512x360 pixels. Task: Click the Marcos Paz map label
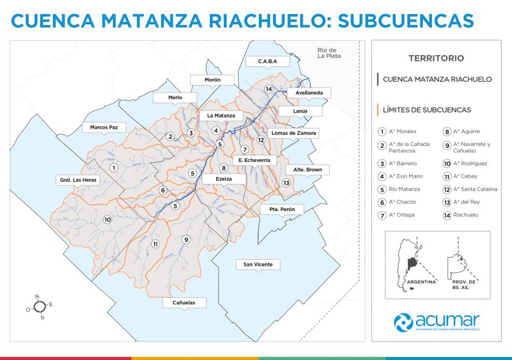(x=104, y=127)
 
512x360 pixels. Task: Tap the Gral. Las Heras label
(x=79, y=180)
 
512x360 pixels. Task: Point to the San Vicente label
(x=258, y=264)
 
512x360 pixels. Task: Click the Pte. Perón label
(x=282, y=209)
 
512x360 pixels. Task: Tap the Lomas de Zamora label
(x=294, y=133)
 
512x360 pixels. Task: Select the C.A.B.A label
(x=267, y=61)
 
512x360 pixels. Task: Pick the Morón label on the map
(x=212, y=80)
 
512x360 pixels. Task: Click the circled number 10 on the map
(x=108, y=219)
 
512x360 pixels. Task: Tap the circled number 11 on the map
(x=155, y=244)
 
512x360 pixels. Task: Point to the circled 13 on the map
(x=287, y=183)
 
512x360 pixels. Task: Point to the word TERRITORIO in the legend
(x=436, y=58)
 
